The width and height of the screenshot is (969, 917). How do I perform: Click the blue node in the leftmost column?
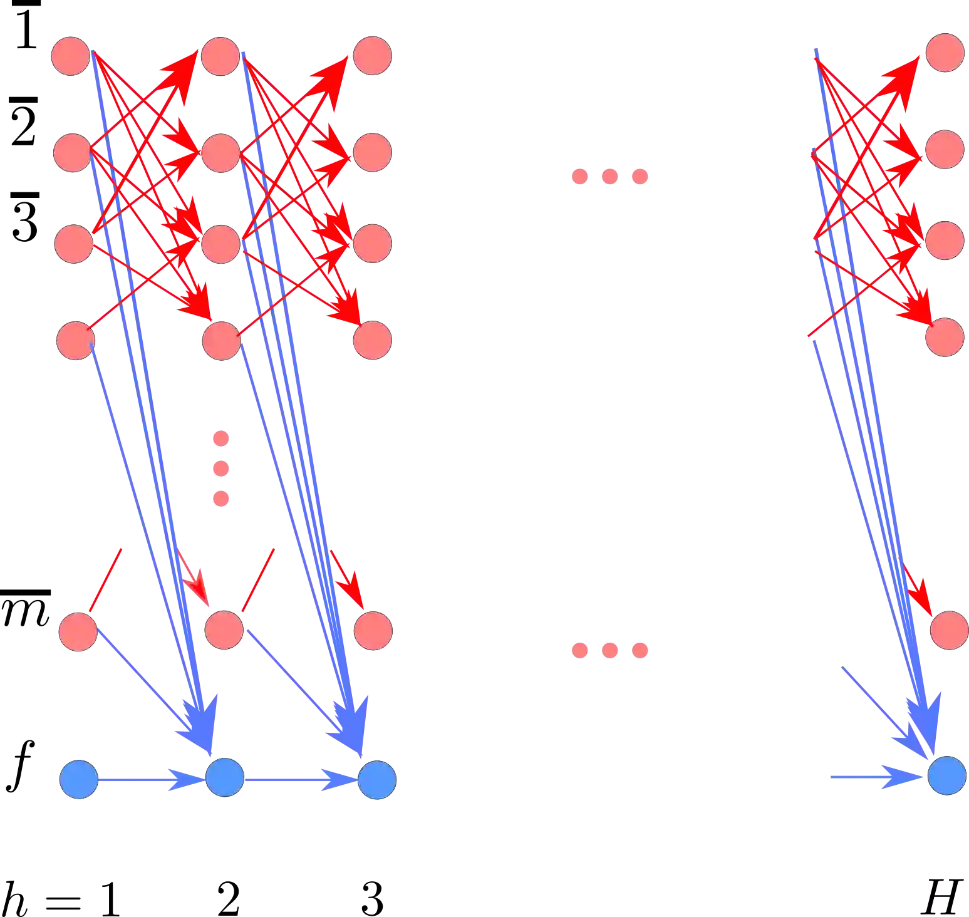[80, 779]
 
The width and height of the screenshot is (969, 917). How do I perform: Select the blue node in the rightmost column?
[946, 775]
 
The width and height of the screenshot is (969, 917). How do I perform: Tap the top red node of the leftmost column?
[71, 56]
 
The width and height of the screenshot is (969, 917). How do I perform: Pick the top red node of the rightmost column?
[945, 53]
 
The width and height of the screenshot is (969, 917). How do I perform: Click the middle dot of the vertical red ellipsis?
[220, 468]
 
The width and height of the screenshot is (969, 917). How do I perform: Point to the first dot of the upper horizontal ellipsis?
[580, 177]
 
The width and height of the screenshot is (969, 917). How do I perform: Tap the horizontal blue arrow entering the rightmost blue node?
[877, 777]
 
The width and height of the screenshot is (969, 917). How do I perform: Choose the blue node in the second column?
[225, 777]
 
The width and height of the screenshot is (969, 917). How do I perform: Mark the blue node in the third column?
[376, 779]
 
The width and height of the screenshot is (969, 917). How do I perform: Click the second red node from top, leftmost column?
[73, 152]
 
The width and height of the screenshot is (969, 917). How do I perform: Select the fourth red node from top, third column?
[373, 340]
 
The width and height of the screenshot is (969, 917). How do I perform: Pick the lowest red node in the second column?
[224, 629]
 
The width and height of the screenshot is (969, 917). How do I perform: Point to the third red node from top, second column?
[221, 244]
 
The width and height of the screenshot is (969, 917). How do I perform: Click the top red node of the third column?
[373, 55]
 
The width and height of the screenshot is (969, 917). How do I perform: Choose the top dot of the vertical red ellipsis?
[220, 438]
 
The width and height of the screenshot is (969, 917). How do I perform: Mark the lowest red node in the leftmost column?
[78, 631]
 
